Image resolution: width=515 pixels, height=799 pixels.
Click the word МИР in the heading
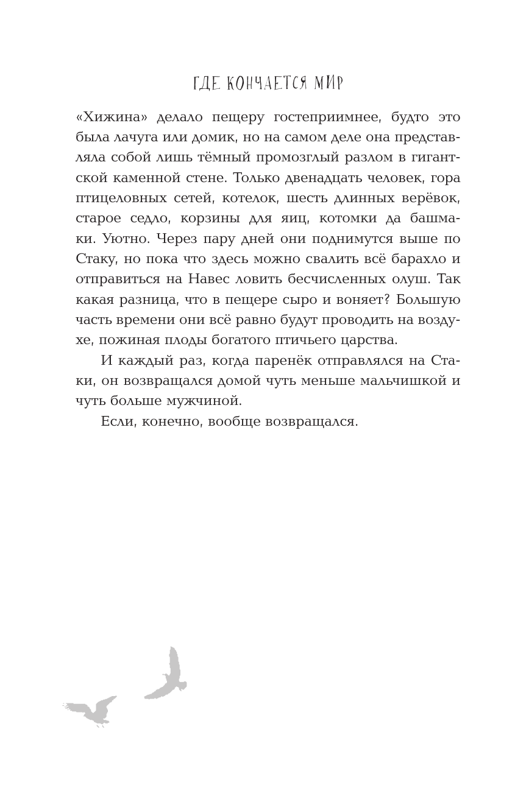coord(328,83)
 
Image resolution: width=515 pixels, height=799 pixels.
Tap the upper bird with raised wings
coord(168,675)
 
